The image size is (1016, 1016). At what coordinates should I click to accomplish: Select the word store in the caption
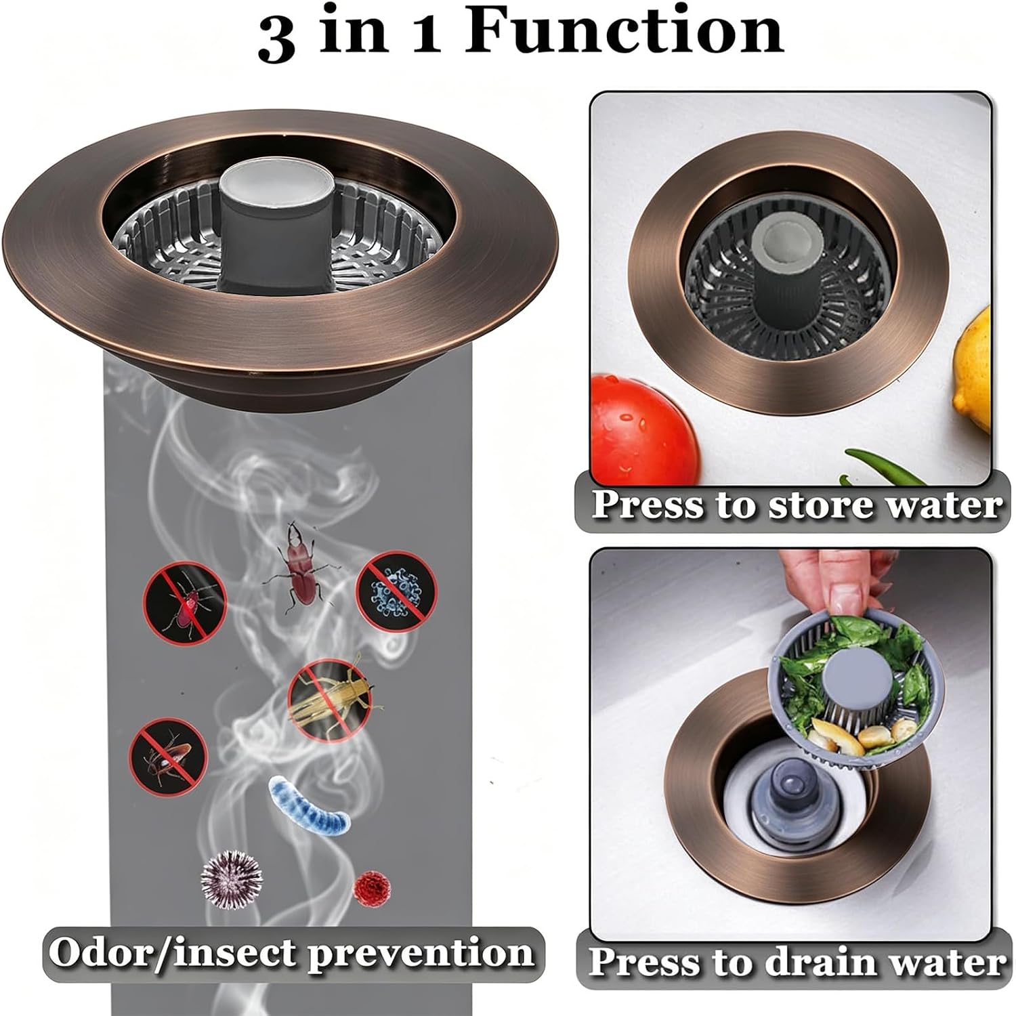[x=817, y=505]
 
